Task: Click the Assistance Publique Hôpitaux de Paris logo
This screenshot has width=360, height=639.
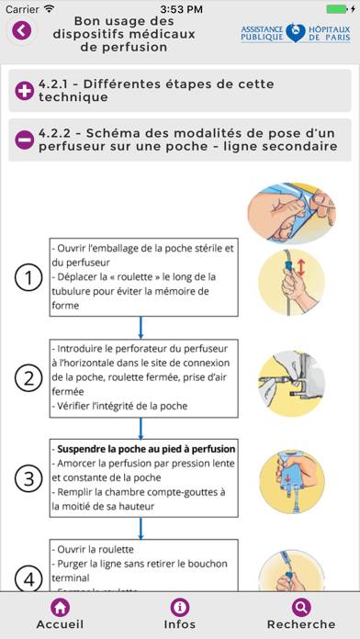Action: coord(295,33)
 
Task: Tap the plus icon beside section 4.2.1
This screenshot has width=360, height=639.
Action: coord(25,90)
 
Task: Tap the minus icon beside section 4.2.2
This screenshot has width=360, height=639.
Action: coord(25,140)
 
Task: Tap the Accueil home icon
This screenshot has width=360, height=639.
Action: coord(60,607)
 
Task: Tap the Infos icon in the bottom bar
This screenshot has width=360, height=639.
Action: coord(180,607)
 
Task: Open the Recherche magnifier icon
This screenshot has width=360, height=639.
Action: coord(300,607)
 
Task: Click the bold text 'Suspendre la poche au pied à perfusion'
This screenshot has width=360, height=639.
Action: coord(144,449)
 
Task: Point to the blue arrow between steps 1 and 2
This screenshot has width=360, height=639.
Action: coord(141,328)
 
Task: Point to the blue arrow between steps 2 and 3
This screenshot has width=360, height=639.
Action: coord(141,427)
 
